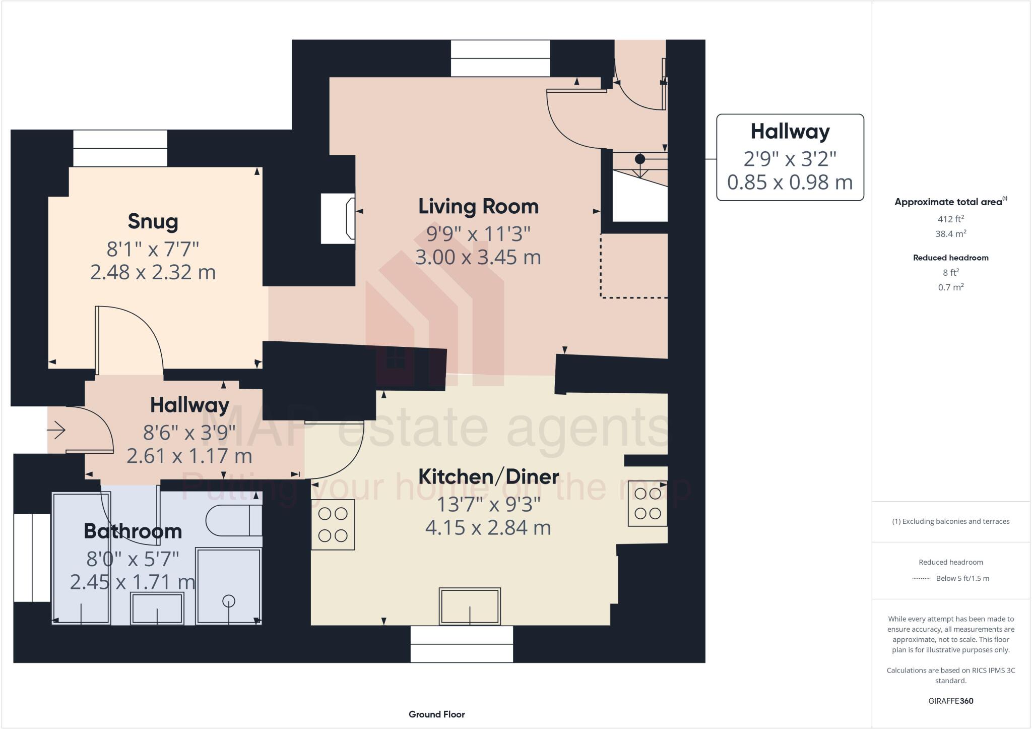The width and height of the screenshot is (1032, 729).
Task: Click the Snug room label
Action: [153, 222]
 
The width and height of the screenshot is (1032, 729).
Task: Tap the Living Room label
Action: [478, 207]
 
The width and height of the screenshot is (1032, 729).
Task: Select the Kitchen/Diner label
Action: [488, 476]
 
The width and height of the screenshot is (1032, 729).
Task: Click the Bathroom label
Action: [133, 531]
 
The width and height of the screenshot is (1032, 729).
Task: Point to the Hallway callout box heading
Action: [790, 132]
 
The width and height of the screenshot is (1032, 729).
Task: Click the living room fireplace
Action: [338, 218]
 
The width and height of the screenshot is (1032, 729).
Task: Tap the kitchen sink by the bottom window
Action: [470, 606]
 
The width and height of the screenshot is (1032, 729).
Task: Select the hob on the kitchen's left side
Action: [333, 524]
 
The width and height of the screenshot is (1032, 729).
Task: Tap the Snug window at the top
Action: [120, 148]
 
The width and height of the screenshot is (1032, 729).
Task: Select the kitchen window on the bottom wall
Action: [462, 644]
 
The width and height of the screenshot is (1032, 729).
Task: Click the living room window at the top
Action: [500, 58]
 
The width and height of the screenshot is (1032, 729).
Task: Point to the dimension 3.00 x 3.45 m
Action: [478, 258]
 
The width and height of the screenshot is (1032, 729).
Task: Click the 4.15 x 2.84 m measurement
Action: [488, 528]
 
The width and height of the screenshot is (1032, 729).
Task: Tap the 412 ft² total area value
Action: [951, 219]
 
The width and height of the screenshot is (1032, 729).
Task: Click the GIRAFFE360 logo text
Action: [951, 701]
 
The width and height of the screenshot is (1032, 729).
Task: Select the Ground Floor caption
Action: [437, 714]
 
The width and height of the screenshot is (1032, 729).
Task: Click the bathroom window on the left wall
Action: [32, 558]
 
